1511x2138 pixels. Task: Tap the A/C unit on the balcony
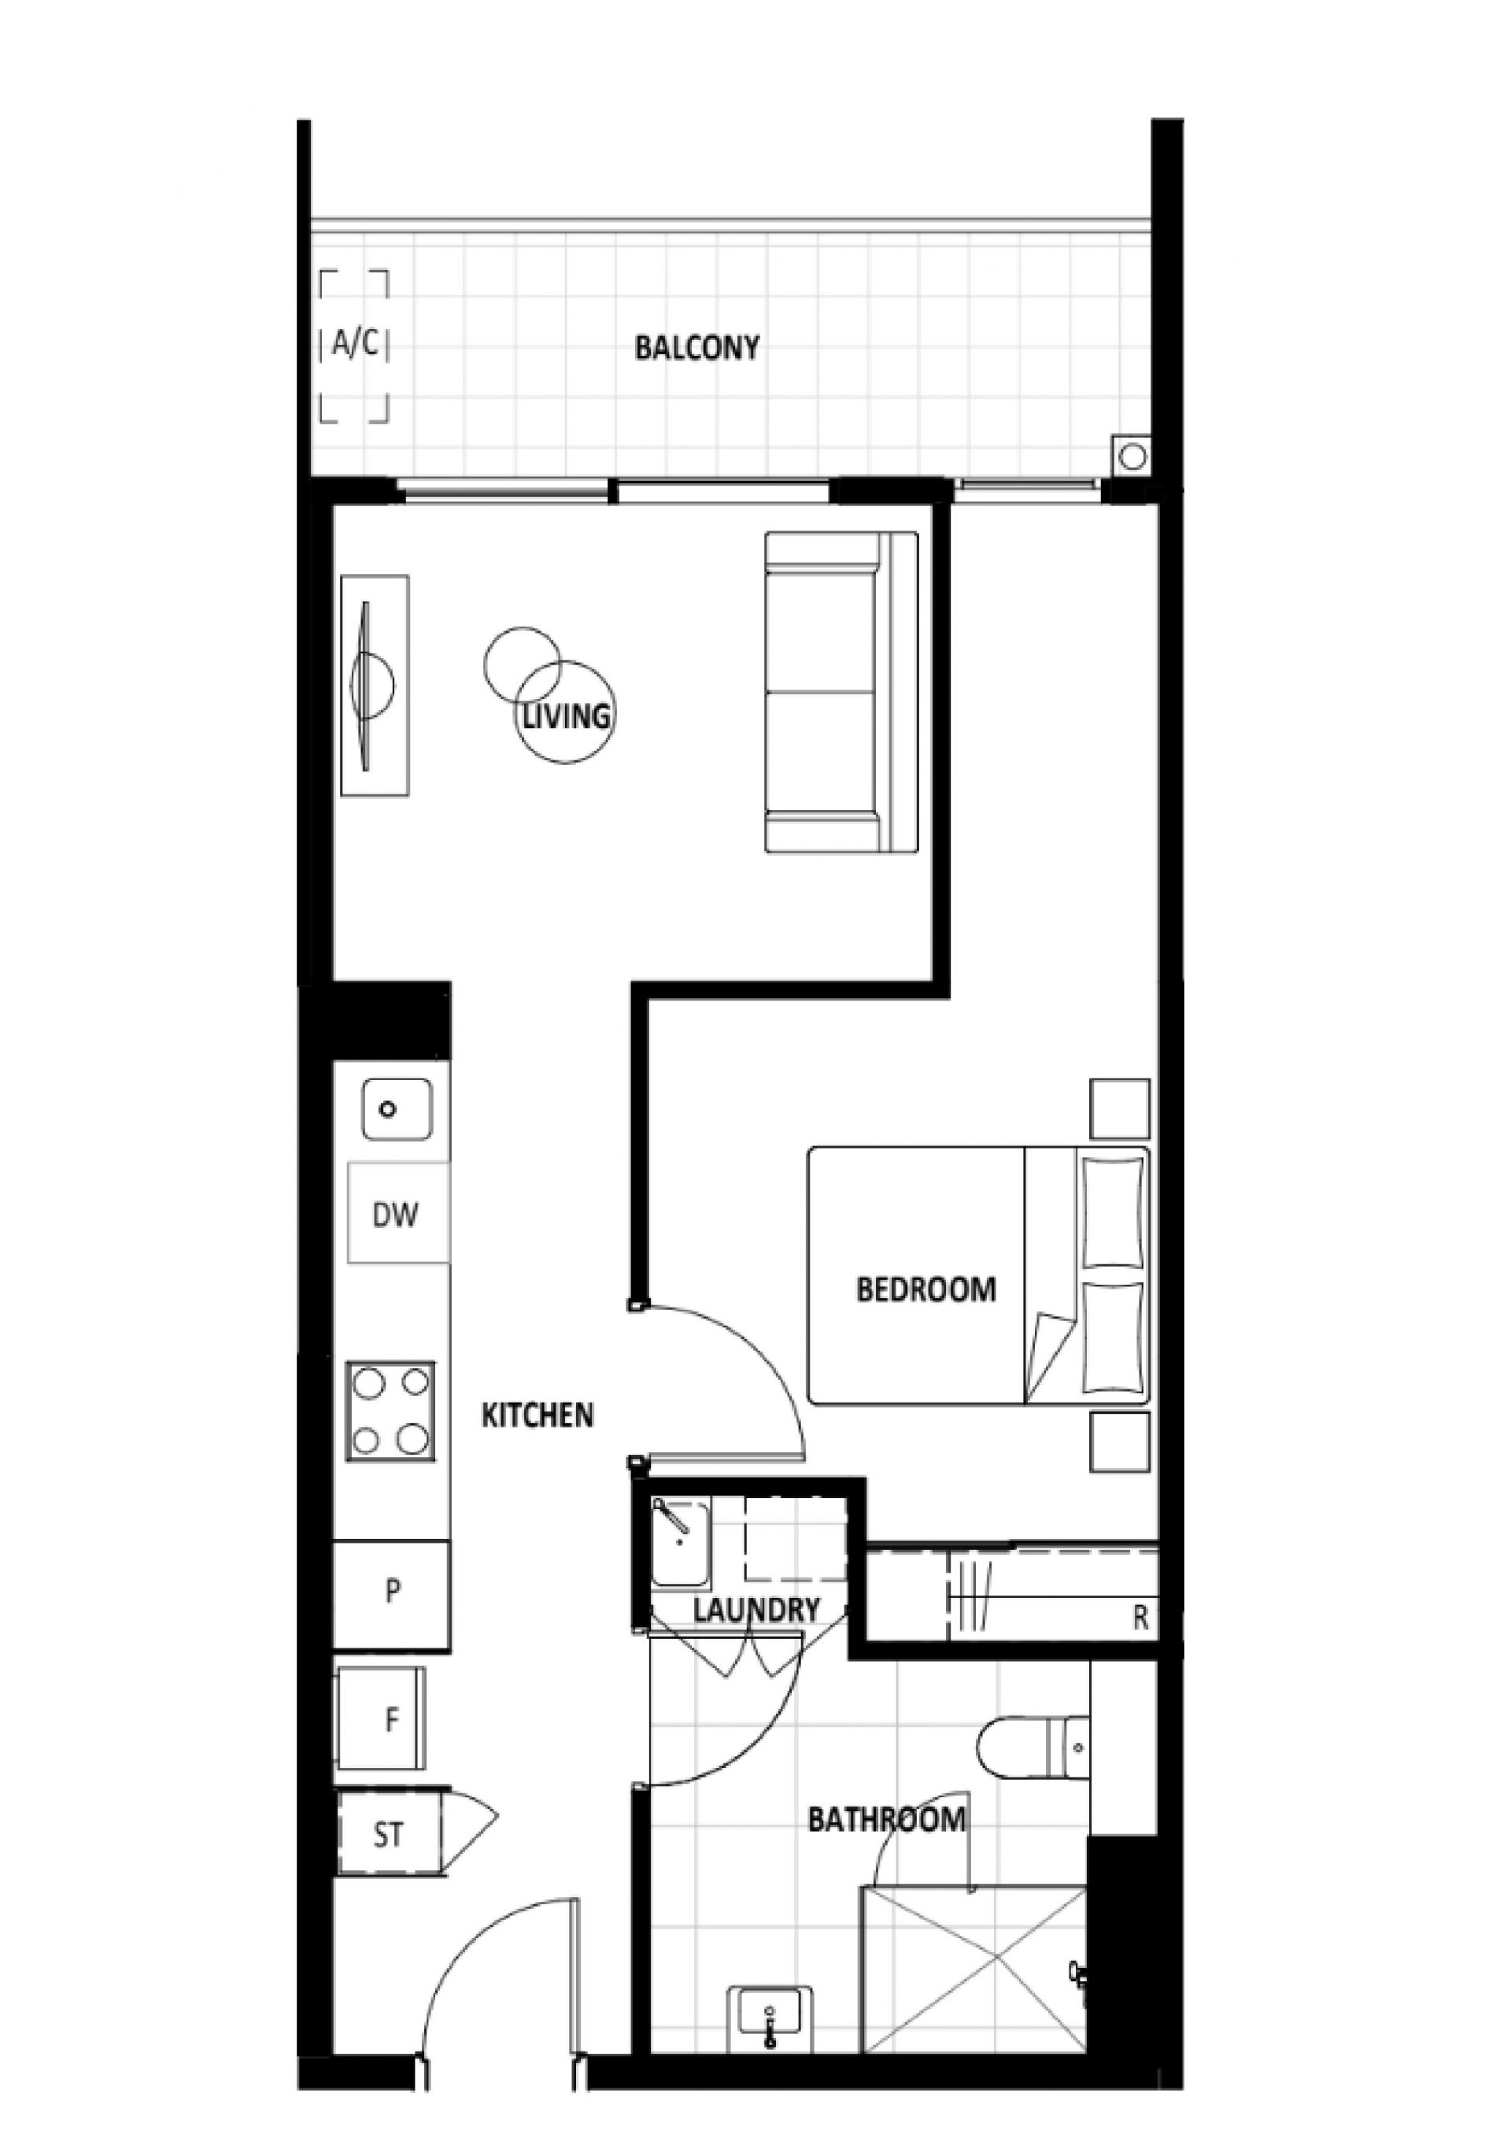[x=355, y=346]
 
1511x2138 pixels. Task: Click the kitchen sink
[x=397, y=1109]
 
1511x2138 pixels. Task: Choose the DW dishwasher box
[x=398, y=1213]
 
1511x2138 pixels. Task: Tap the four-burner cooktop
[x=390, y=1411]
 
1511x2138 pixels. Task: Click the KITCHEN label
[x=538, y=1415]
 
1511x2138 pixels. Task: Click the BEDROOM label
[x=926, y=1289]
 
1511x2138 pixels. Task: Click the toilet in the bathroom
[x=1033, y=1748]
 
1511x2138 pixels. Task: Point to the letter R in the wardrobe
[x=1140, y=1618]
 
